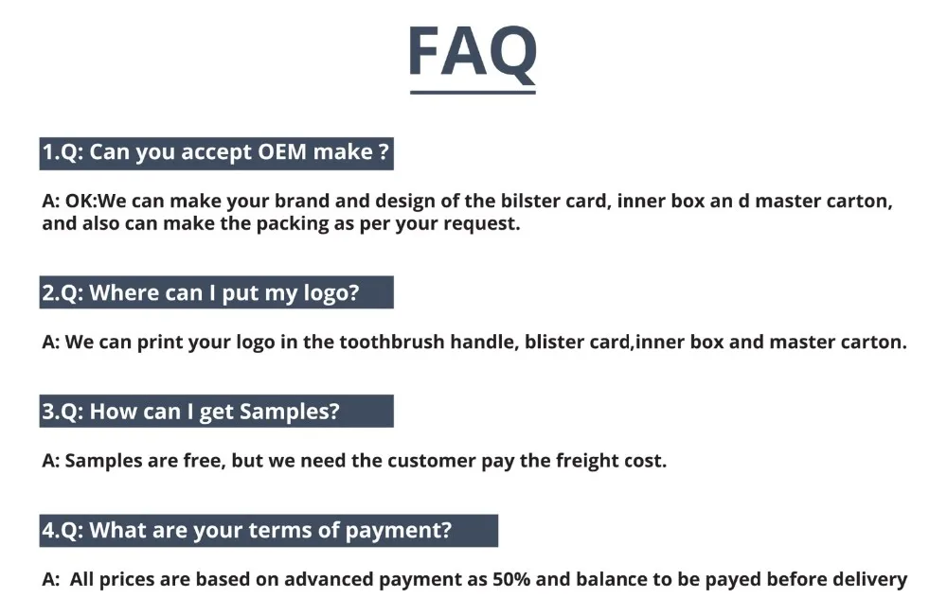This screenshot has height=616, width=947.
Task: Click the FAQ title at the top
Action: pos(473,52)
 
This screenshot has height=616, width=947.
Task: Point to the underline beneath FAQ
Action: pos(473,93)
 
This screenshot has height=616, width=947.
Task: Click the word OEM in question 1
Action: pos(282,151)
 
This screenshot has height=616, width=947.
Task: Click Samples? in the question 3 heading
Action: pos(289,412)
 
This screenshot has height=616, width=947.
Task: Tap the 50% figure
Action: pos(511,579)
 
